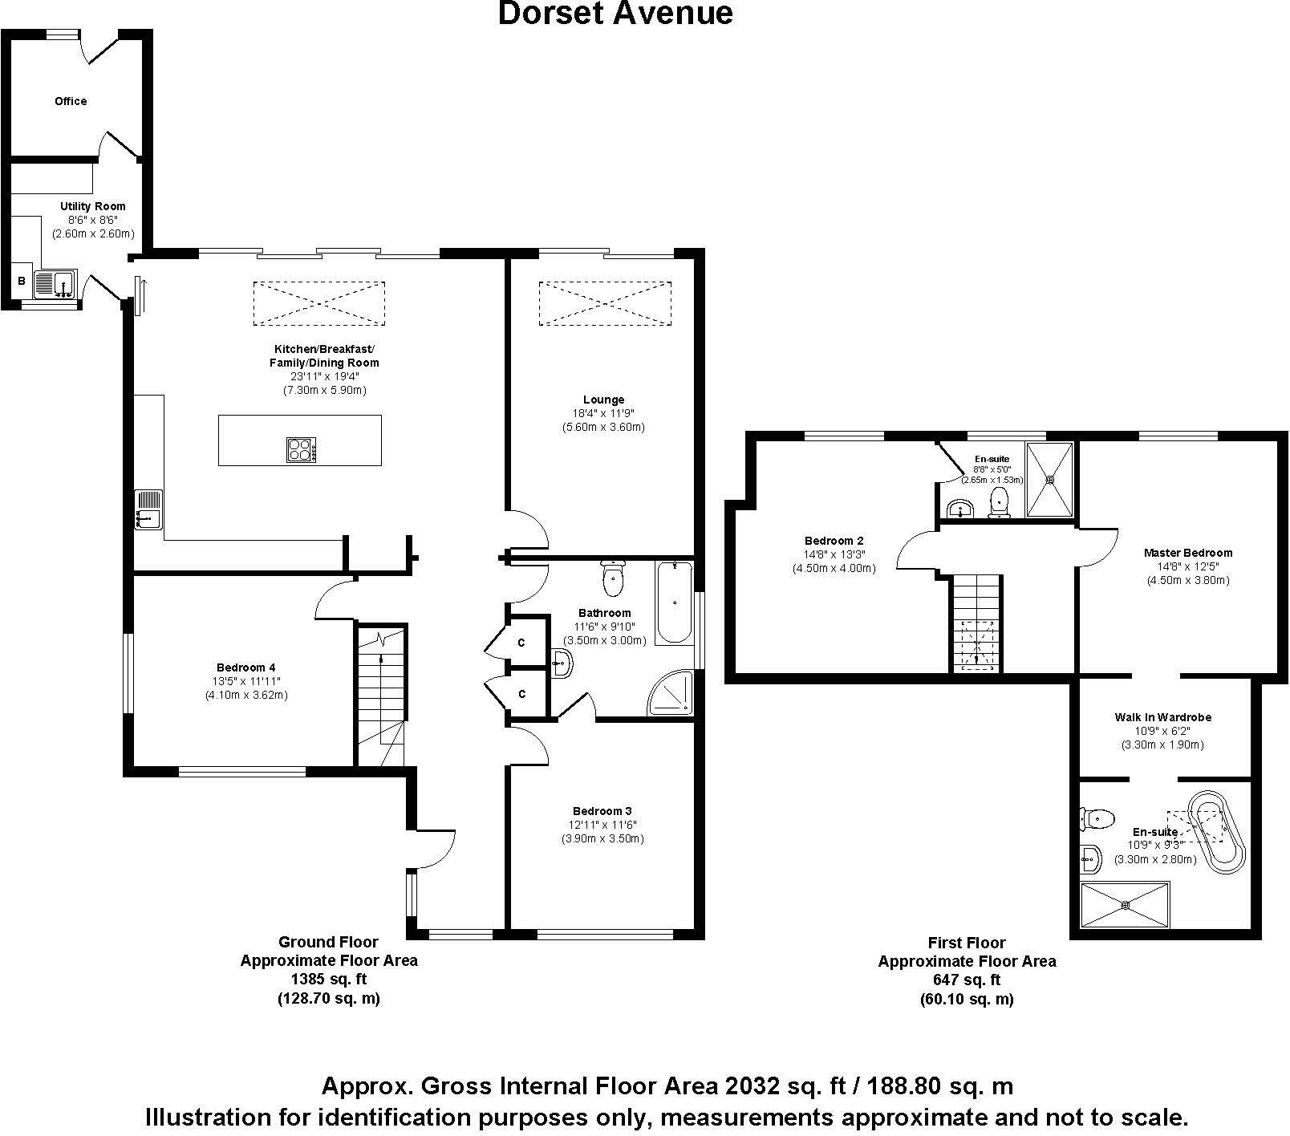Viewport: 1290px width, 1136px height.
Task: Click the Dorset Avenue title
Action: point(615,14)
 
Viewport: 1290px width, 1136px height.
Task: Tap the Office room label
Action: point(71,101)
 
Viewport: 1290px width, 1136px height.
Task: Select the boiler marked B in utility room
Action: point(22,282)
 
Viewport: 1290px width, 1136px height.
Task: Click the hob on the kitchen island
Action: point(301,449)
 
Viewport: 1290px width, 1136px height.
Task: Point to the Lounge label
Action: point(604,400)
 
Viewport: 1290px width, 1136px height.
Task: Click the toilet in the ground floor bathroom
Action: point(613,579)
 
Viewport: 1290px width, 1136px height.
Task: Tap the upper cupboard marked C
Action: point(521,643)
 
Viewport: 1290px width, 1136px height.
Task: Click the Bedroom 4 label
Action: point(245,667)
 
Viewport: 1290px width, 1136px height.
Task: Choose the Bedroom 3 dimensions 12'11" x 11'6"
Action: point(604,825)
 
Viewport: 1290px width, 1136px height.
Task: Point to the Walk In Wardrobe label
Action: point(1162,717)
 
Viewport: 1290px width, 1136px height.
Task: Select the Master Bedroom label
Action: point(1187,553)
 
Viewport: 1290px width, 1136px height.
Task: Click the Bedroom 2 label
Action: point(834,541)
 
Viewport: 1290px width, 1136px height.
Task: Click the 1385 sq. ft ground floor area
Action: point(329,979)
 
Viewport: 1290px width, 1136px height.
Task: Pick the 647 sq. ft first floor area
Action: point(967,980)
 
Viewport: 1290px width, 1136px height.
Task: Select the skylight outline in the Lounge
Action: point(604,303)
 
